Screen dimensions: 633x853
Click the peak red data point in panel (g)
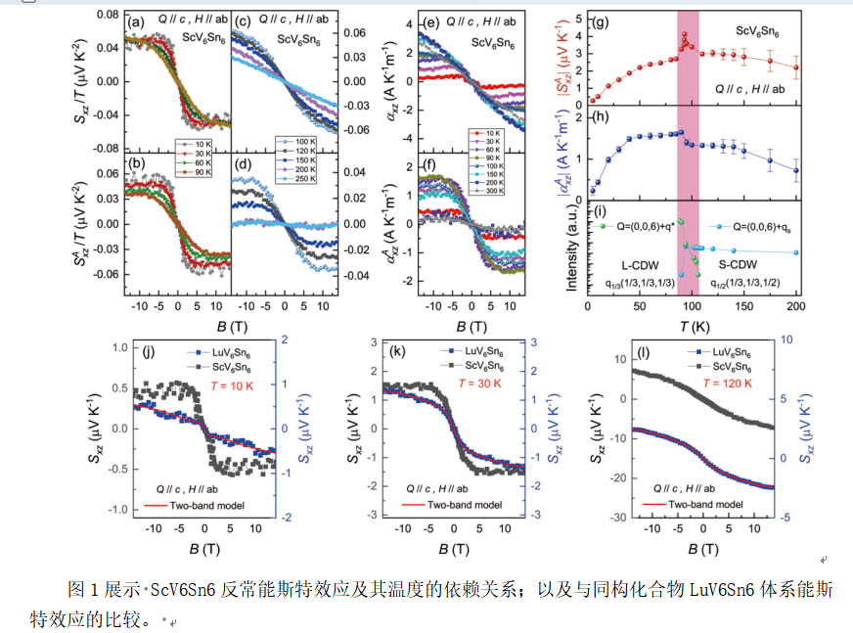(x=686, y=34)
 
